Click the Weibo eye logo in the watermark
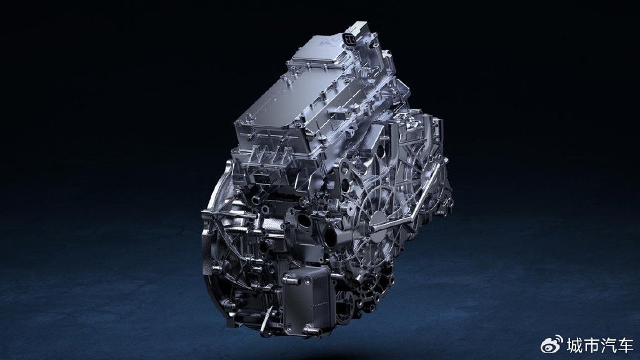(x=551, y=345)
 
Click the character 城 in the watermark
(x=574, y=346)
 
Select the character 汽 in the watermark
(x=608, y=346)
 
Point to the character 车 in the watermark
(x=625, y=346)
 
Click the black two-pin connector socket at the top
(x=349, y=39)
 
